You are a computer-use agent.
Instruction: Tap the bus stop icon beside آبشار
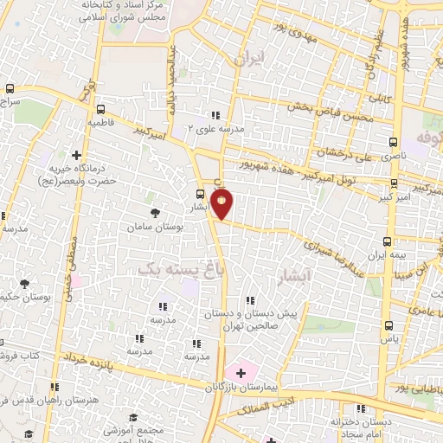coord(202,195)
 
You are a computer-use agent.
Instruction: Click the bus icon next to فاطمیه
coord(101,110)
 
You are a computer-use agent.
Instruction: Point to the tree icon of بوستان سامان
coord(155,213)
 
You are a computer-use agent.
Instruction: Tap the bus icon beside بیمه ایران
coord(388,242)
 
